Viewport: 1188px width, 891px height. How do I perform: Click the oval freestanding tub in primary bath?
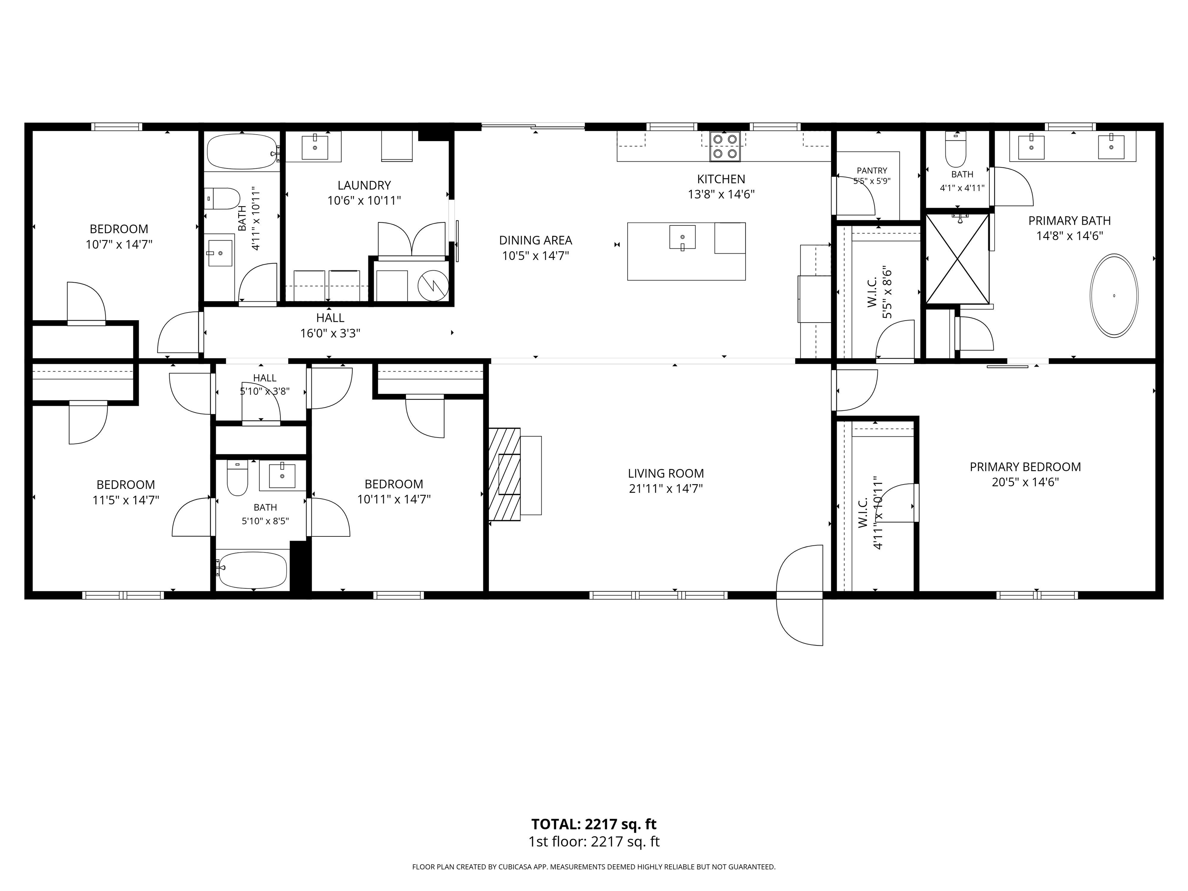click(x=1113, y=295)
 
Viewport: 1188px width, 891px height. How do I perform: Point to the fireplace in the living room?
click(x=505, y=474)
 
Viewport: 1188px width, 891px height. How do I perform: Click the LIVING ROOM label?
click(x=666, y=474)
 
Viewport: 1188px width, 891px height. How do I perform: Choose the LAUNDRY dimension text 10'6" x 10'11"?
click(x=364, y=201)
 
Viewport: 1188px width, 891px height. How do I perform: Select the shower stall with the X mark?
click(x=958, y=259)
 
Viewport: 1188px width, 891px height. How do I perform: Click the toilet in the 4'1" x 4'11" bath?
click(x=956, y=149)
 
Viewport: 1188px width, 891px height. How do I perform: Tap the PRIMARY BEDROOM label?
click(x=1025, y=467)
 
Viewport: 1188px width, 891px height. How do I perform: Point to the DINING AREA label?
click(x=536, y=241)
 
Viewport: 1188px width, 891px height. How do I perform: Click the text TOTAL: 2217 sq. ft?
click(x=594, y=824)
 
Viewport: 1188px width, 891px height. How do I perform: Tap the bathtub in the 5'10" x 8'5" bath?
click(x=253, y=570)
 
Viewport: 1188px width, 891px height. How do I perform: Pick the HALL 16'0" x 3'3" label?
click(x=330, y=326)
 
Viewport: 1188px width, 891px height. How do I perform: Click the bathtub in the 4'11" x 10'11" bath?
click(x=242, y=152)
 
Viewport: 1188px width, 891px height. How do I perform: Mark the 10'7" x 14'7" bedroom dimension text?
click(x=119, y=245)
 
